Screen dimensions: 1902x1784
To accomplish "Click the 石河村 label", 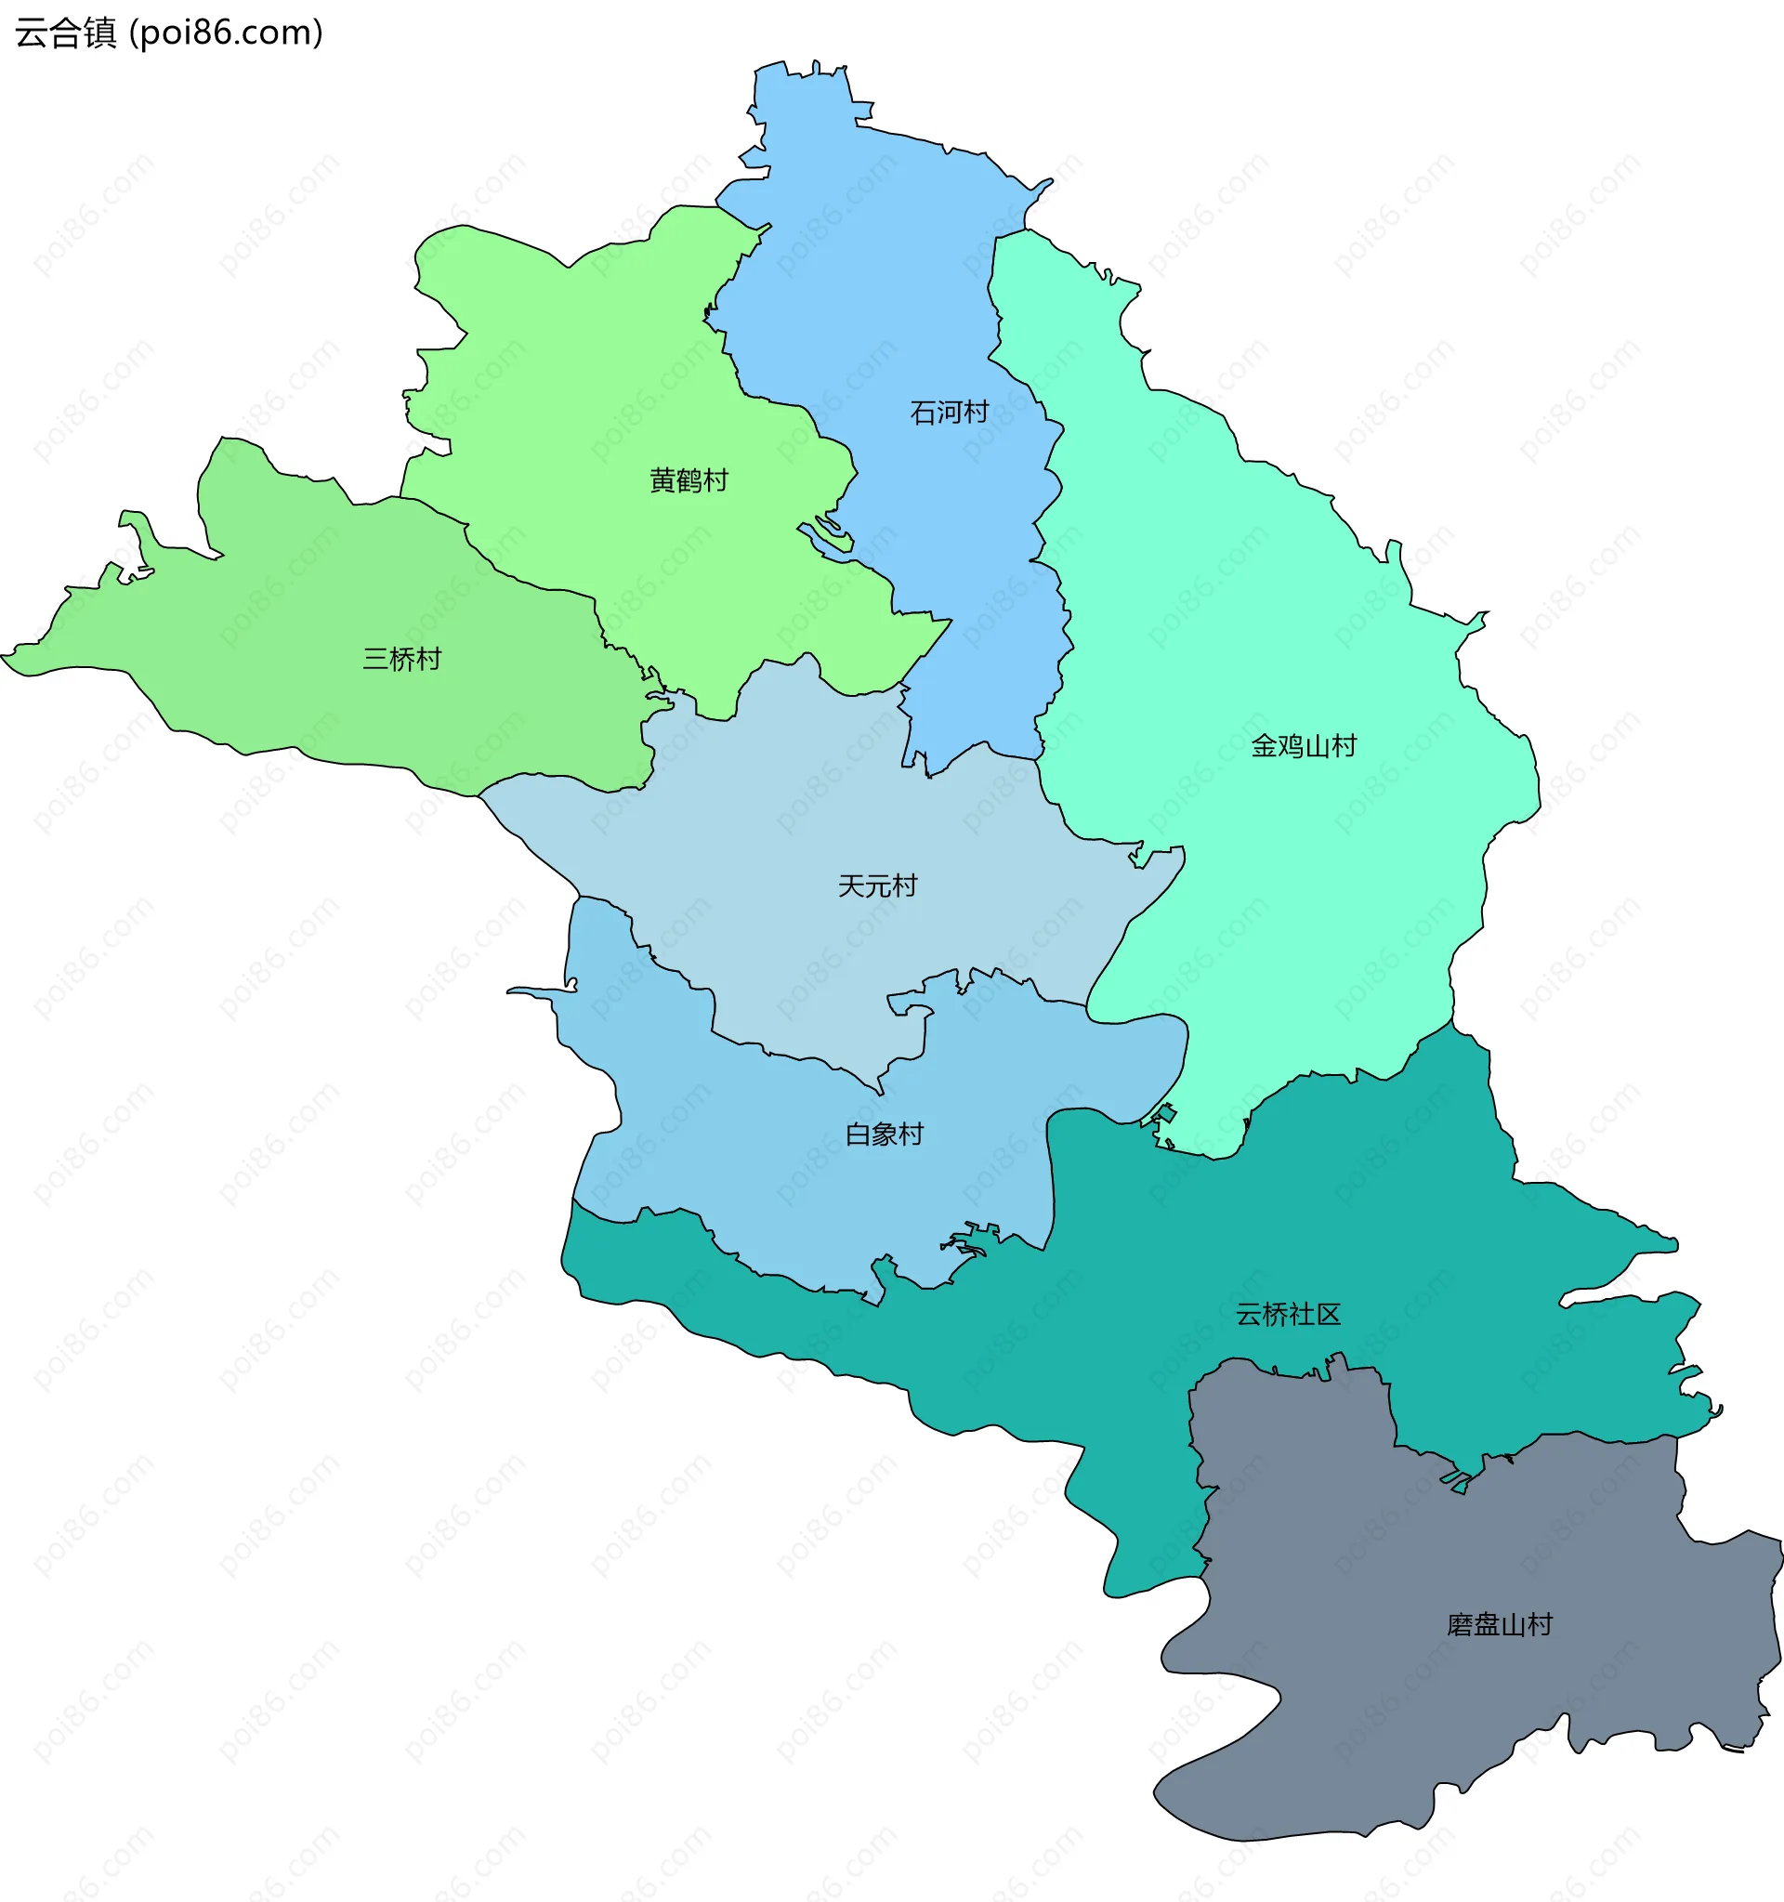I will coord(949,413).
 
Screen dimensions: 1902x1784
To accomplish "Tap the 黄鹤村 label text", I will coord(689,480).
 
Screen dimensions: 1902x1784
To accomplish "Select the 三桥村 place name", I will coord(401,659).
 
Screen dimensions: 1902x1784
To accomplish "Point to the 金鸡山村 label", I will coord(1304,746).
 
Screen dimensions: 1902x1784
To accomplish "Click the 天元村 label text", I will coord(877,885).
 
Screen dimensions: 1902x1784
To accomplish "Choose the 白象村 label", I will coord(884,1135).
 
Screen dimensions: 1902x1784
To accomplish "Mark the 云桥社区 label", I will coord(1288,1315).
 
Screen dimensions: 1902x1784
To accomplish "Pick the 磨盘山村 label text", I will coord(1499,1625).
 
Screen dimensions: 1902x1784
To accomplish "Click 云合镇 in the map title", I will coord(66,33).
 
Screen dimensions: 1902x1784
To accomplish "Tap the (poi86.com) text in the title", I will coord(226,33).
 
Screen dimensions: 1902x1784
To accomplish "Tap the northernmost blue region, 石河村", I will coord(861,239).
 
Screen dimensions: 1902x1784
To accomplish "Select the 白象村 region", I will coord(766,1148).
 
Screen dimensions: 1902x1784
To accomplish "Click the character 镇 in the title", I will coord(100,33).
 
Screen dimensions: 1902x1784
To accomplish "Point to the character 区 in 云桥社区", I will coord(1329,1315).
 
